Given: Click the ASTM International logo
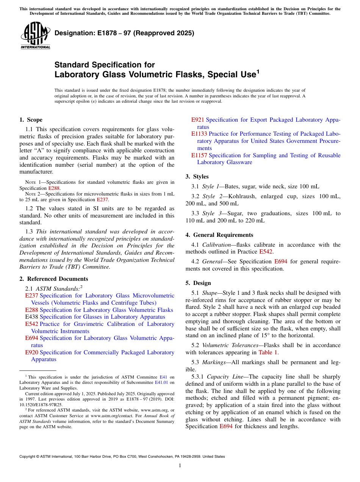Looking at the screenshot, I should coord(35,36).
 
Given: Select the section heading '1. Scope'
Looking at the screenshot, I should coord(31,120).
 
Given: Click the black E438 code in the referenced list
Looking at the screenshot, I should coord(31,317).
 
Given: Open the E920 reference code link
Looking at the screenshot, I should coord(31,352).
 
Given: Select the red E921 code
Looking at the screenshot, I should coord(197,120).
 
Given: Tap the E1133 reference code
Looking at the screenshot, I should coord(199,134).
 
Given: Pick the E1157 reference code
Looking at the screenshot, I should coord(199,155).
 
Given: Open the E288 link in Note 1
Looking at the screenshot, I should coord(54,188).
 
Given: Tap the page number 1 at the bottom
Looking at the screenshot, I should coord(180,465).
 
